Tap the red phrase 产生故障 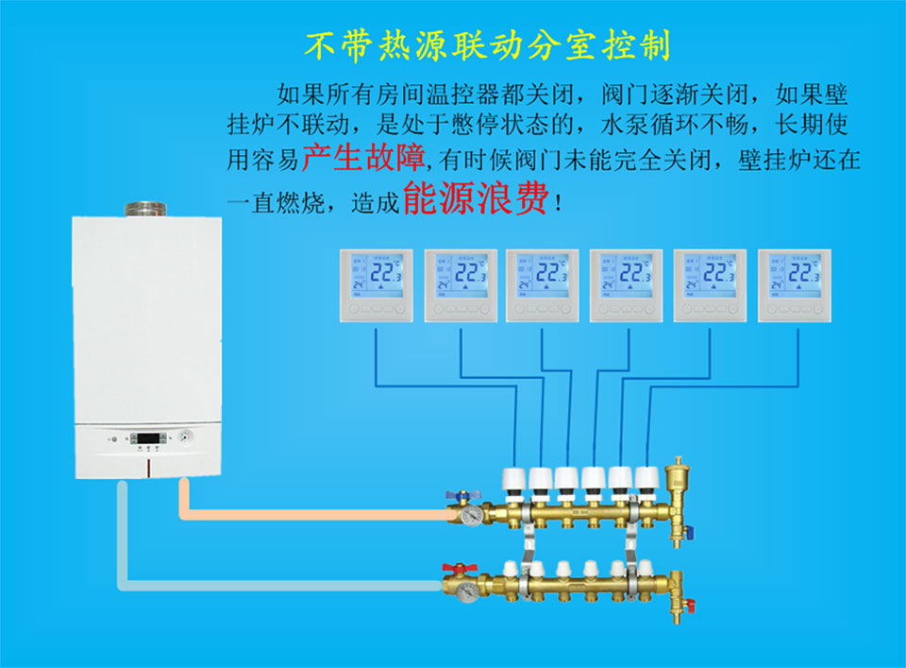point(363,156)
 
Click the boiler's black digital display point(149,438)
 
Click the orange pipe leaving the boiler point(311,513)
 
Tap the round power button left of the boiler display point(115,438)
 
